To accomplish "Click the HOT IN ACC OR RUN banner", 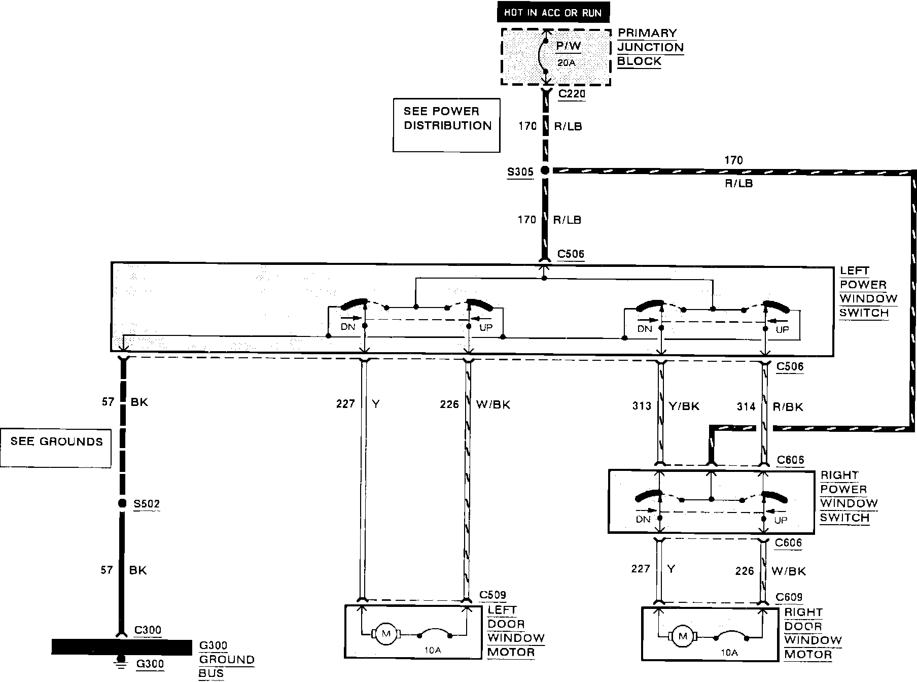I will coord(553,13).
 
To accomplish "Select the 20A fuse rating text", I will coord(566,63).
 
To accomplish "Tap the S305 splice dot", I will coord(545,171).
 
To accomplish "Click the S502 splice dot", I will coord(122,503).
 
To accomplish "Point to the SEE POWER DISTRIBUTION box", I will coord(446,125).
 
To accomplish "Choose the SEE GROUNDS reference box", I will coord(56,448).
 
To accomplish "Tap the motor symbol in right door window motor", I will coord(683,636).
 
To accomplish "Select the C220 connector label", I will coord(572,94).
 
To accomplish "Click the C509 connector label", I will coord(492,595).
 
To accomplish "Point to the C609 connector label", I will coord(789,597).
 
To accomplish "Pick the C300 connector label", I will coord(148,630).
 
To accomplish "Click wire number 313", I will coord(641,406).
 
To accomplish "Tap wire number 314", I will coord(746,406).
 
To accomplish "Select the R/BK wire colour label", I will coord(788,406).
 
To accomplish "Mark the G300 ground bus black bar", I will coord(122,646).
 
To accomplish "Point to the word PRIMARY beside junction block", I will coord(647,33).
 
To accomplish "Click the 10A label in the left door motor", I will coord(432,650).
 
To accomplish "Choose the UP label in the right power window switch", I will coord(781,520).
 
